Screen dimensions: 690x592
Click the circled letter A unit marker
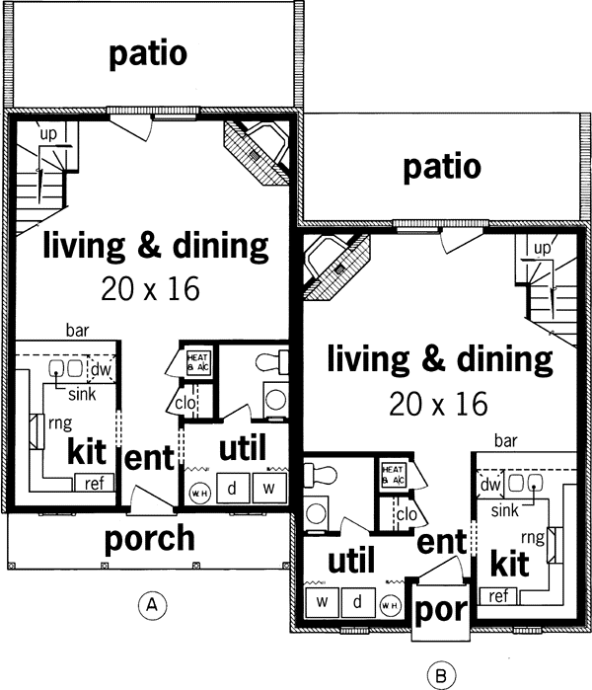point(151,602)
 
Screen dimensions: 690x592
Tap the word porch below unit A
point(150,539)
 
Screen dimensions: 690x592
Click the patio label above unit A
point(148,53)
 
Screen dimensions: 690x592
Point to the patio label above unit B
point(442,167)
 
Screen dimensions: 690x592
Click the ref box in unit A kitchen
point(94,484)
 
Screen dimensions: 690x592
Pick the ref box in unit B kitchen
point(498,595)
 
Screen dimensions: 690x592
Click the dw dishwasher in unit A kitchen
point(100,370)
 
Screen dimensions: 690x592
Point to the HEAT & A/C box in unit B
point(394,475)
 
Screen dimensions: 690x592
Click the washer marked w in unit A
point(268,488)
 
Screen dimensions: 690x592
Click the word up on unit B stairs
point(541,247)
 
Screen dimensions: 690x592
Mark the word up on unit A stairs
point(46,132)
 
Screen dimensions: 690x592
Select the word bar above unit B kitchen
point(505,439)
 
